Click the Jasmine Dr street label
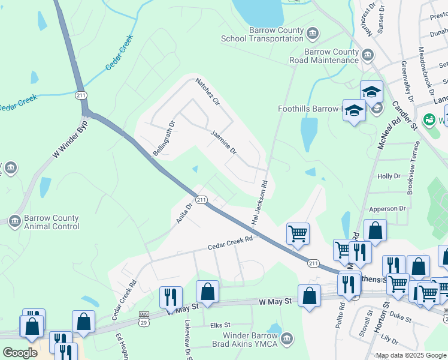click(x=223, y=143)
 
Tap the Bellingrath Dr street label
click(x=164, y=139)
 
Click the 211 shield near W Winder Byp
click(x=81, y=95)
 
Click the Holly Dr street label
click(x=389, y=176)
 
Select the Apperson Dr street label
click(x=388, y=209)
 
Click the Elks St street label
click(x=220, y=325)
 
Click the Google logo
click(x=20, y=353)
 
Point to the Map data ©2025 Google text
click(x=410, y=355)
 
